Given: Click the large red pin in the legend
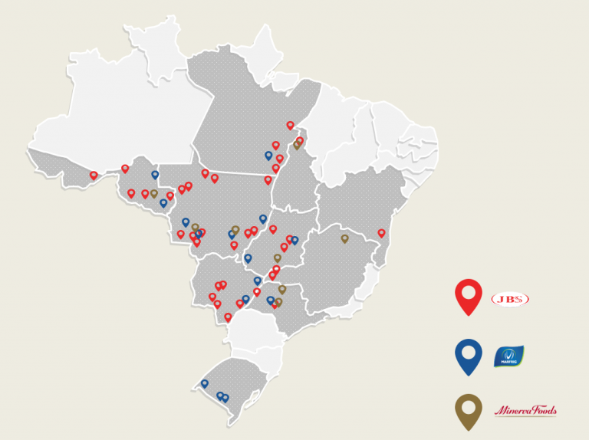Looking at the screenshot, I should click(x=469, y=296).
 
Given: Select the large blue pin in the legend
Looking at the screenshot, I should click(x=469, y=355).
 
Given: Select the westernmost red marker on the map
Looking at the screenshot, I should click(x=94, y=175).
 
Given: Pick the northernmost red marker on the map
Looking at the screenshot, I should click(x=290, y=124).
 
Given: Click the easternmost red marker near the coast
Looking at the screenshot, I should click(x=381, y=232).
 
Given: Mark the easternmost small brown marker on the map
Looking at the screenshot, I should click(x=344, y=238).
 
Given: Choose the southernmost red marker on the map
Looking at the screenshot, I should click(x=228, y=316).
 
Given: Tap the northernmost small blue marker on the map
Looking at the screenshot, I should click(x=268, y=155).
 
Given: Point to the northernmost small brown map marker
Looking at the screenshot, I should click(x=297, y=144).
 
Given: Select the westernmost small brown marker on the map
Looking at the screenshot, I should click(x=153, y=193).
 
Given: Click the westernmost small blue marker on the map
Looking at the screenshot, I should click(x=155, y=174).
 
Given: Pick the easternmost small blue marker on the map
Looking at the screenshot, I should click(x=294, y=240).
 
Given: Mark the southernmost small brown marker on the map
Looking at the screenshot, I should click(x=278, y=302).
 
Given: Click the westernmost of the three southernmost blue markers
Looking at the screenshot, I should click(x=205, y=383).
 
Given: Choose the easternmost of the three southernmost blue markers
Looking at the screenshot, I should click(x=225, y=398).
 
